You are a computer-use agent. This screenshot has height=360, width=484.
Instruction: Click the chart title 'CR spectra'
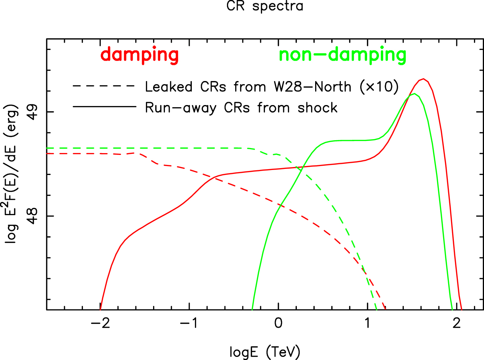265,6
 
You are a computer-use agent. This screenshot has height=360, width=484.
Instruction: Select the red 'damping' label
139,55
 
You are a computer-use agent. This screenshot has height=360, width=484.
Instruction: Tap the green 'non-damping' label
342,55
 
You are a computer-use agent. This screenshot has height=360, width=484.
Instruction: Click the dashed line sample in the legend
104,86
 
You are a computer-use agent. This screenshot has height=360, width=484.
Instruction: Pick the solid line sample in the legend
104,107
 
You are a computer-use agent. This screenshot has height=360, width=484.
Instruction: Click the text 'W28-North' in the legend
312,87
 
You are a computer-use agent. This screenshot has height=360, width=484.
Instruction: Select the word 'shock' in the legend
317,108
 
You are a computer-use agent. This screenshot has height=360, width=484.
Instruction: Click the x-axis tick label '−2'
100,323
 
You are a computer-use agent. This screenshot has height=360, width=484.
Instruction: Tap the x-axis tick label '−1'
189,323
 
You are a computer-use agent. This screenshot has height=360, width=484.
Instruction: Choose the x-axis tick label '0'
278,323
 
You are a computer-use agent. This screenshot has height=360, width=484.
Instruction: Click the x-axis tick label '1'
367,323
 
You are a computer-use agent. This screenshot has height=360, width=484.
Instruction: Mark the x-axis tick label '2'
456,323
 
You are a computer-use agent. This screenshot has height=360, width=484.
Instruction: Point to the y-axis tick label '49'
33,112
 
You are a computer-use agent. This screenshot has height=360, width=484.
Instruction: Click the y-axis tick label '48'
33,216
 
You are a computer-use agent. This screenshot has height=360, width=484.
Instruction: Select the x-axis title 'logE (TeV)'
265,352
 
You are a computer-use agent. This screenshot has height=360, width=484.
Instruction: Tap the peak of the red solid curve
423,79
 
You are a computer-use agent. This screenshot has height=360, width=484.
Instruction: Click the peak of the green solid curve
414,94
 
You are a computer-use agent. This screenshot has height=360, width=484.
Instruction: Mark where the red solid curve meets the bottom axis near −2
100,309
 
